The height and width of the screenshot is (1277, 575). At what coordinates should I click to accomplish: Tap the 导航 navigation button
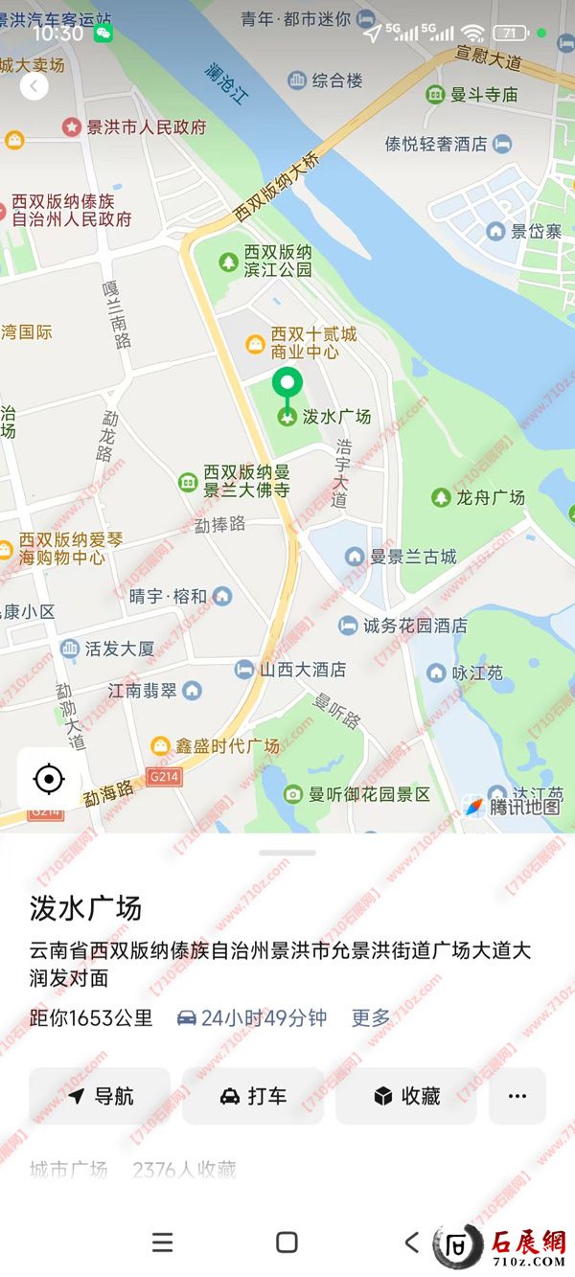[x=100, y=1096]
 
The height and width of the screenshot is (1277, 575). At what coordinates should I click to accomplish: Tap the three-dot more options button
[x=517, y=1096]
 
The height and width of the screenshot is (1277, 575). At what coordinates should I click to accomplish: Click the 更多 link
[x=371, y=1017]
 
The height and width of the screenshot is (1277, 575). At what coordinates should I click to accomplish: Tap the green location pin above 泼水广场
[x=287, y=385]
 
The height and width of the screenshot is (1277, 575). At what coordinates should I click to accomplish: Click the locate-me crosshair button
[x=49, y=779]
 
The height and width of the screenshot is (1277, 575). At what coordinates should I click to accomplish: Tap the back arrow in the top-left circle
[x=34, y=87]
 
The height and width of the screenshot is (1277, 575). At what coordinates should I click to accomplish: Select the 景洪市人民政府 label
[x=146, y=126]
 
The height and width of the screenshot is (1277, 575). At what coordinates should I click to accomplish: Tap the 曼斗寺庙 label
[x=483, y=95]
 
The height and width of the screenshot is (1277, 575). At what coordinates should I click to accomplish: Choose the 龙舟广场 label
[x=490, y=497]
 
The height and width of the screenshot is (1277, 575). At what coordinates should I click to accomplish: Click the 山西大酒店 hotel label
[x=302, y=670]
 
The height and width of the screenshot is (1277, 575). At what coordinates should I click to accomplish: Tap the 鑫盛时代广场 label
[x=226, y=745]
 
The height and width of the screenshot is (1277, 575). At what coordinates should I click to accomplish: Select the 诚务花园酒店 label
[x=414, y=626]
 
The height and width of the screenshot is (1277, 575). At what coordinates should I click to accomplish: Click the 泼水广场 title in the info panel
[x=85, y=907]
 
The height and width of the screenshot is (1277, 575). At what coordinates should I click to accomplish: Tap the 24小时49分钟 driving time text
[x=263, y=1017]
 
